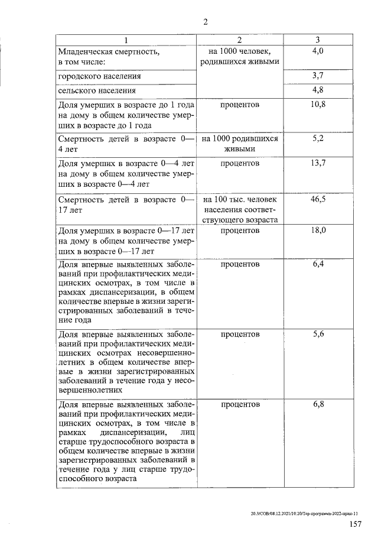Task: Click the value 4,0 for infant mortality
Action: [x=318, y=52]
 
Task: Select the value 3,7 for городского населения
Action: [x=318, y=76]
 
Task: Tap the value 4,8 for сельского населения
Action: [x=318, y=90]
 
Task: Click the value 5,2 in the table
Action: [x=318, y=138]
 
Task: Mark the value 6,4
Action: [x=318, y=264]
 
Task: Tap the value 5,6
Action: [x=318, y=334]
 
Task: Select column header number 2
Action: [x=239, y=40]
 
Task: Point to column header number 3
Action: [x=318, y=40]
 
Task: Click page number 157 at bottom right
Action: [x=355, y=524]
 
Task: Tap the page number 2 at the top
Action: [x=205, y=22]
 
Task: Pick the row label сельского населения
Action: [x=97, y=90]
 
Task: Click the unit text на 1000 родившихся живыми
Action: [x=239, y=144]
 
